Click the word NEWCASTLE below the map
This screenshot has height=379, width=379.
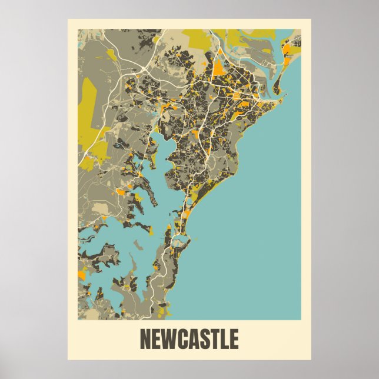(189, 339)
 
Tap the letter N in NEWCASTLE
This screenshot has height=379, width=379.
(145, 339)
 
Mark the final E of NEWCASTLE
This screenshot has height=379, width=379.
(234, 339)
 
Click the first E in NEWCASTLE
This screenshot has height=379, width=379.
(157, 339)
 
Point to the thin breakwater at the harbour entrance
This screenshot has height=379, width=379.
(286, 94)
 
